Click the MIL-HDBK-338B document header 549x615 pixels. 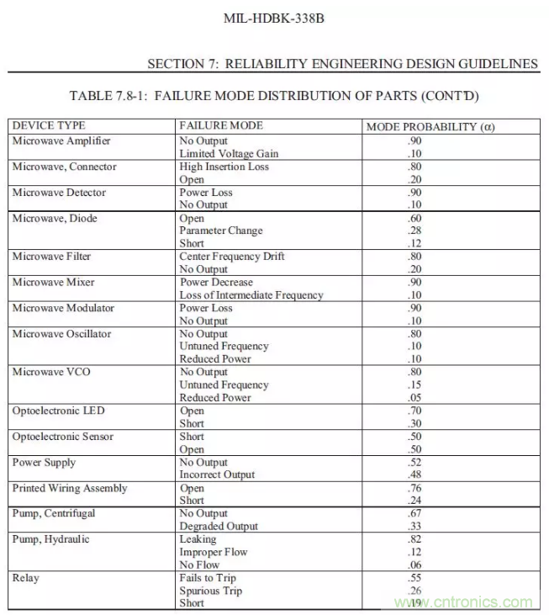(x=273, y=17)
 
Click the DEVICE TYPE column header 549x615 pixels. (x=49, y=125)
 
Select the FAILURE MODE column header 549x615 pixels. (x=221, y=125)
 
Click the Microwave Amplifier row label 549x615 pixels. (x=61, y=140)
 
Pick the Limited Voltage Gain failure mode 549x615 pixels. (x=229, y=154)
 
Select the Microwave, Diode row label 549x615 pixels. (x=55, y=219)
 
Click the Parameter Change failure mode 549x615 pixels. (x=221, y=231)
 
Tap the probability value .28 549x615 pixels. (x=414, y=231)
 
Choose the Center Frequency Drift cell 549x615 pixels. (x=232, y=256)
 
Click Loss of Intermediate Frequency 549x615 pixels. (x=251, y=295)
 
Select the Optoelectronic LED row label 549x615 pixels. (x=58, y=411)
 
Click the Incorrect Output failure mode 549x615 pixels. (x=217, y=475)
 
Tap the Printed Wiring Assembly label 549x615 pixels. (x=70, y=488)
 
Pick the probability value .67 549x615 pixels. (x=414, y=513)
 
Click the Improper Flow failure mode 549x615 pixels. (x=214, y=552)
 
